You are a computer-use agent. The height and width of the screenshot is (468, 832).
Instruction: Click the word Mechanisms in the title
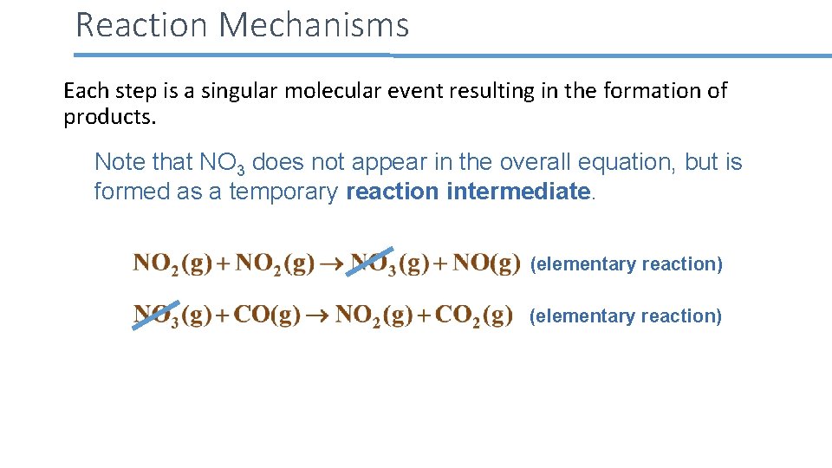[314, 25]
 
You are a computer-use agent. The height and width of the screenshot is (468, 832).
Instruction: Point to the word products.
[109, 117]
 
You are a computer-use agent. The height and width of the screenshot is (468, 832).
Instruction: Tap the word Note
[119, 162]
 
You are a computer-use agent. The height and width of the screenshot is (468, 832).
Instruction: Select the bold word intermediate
[517, 192]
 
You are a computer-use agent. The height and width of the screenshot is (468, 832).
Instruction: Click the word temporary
[283, 192]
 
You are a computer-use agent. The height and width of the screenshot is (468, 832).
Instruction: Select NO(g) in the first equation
[486, 263]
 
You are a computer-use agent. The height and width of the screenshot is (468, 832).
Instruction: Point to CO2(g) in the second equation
[473, 315]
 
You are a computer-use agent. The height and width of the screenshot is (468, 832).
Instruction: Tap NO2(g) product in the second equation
[374, 315]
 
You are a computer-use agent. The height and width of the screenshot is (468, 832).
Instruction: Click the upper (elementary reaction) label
[626, 264]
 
